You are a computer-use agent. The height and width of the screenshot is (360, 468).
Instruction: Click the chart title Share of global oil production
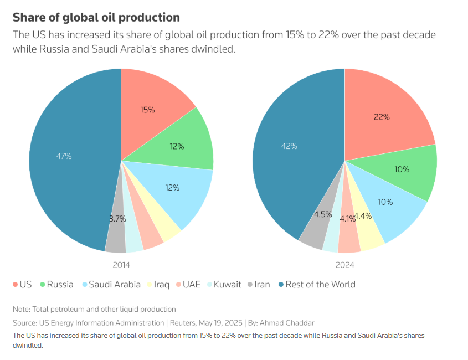96,18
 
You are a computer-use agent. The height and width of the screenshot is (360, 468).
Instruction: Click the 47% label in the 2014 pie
64,156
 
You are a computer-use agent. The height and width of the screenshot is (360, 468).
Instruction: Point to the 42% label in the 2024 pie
289,146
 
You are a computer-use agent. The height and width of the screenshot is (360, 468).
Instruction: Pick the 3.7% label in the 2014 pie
117,219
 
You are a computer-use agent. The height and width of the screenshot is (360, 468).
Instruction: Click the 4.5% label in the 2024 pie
323,214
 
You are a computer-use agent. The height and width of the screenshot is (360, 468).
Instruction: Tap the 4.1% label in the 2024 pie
348,219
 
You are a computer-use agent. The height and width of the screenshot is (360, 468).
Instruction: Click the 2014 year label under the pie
121,265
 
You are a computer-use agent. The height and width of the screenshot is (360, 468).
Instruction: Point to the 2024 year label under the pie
344,265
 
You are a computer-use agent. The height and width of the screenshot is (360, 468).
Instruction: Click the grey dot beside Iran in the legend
250,285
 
